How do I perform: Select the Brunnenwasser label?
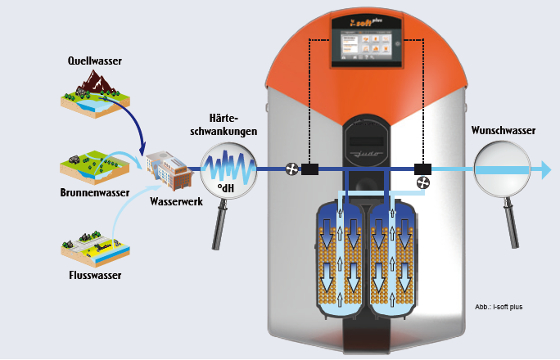(97, 196)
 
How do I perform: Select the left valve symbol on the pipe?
(291, 169)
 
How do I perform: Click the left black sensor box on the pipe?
(310, 169)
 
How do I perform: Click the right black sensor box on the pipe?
(423, 169)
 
